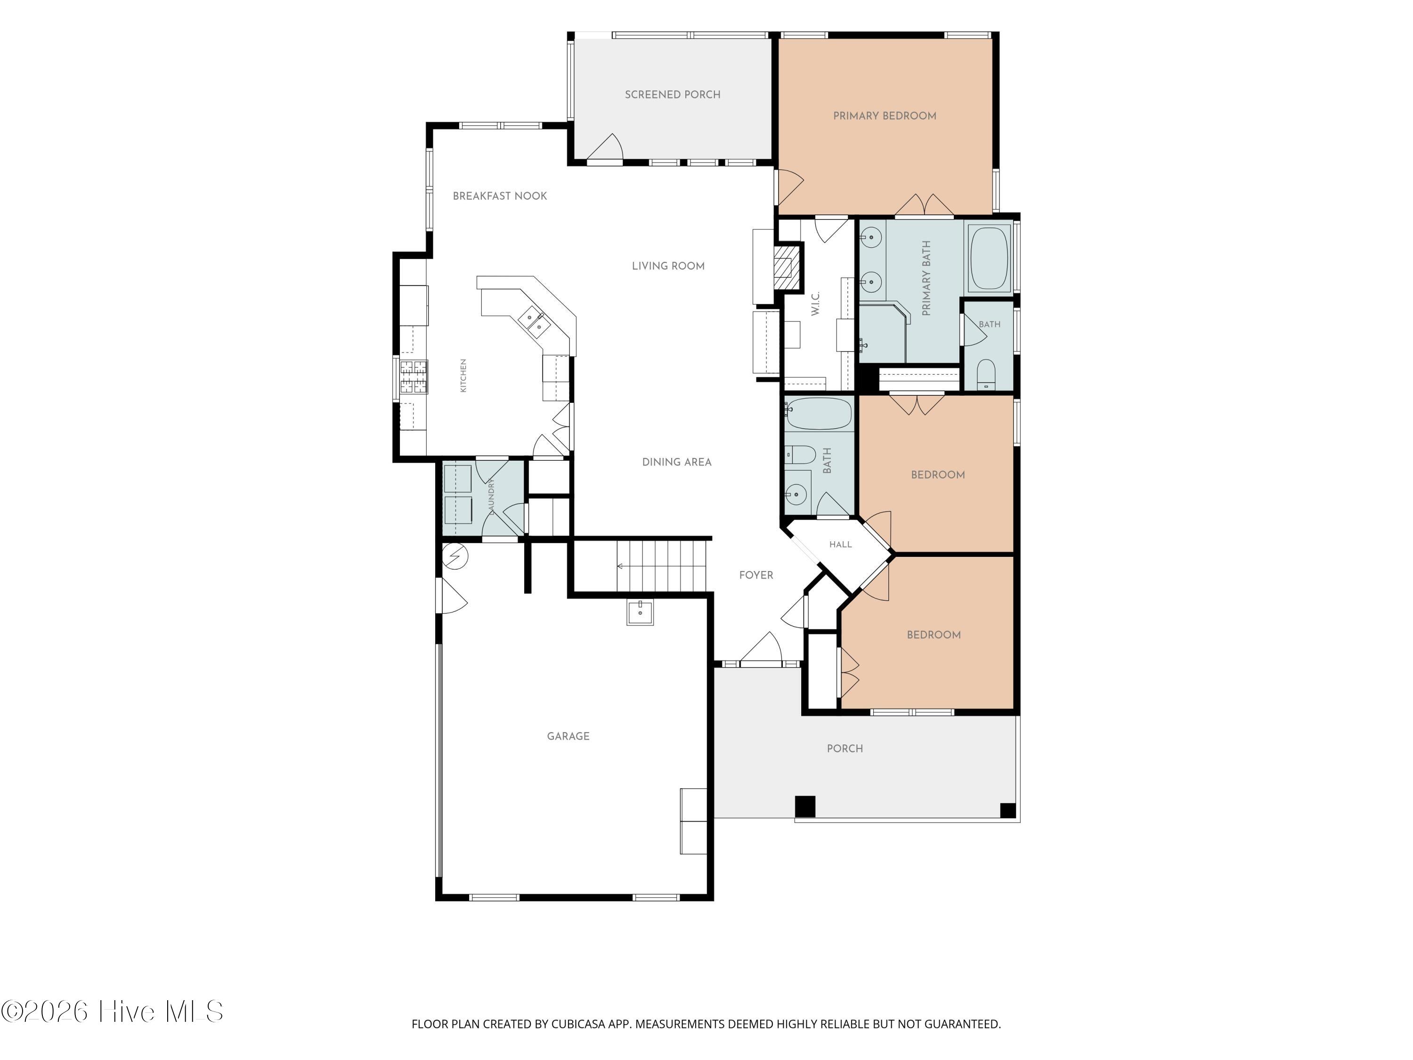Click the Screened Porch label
coord(672,95)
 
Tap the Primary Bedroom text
coord(884,115)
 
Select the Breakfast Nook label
coord(500,196)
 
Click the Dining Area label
coord(676,462)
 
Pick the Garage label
coord(568,736)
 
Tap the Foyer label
coord(755,575)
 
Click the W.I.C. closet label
coord(815,303)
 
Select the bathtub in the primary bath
coord(989,259)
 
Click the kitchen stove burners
coord(413,377)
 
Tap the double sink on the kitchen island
coord(534,321)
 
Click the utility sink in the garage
coord(640,613)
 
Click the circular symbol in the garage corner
coord(455,556)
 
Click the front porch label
coord(845,748)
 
